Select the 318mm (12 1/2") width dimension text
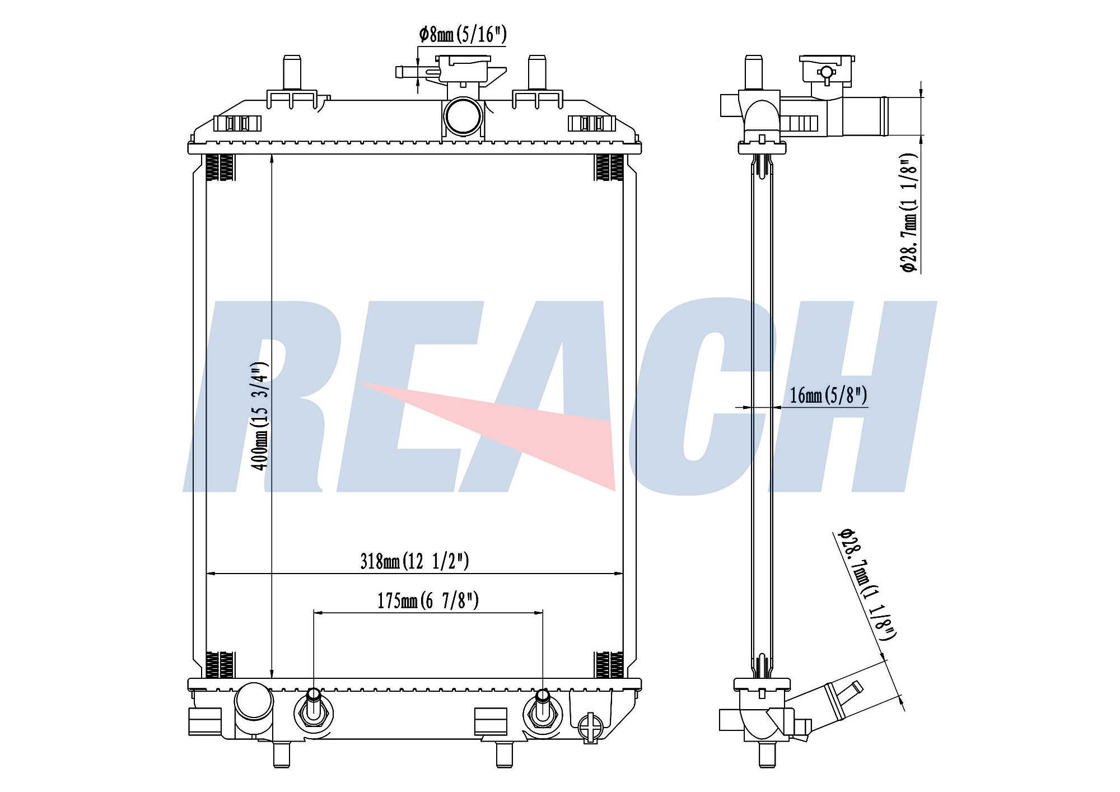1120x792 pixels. click(x=414, y=561)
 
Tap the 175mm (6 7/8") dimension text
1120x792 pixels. click(x=428, y=600)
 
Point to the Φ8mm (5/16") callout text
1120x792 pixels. click(x=463, y=35)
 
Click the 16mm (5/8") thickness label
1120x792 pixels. click(x=828, y=395)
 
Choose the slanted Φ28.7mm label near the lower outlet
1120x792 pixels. click(x=867, y=584)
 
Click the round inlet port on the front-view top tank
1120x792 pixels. click(x=463, y=116)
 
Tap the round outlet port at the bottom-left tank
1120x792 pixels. click(x=254, y=701)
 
